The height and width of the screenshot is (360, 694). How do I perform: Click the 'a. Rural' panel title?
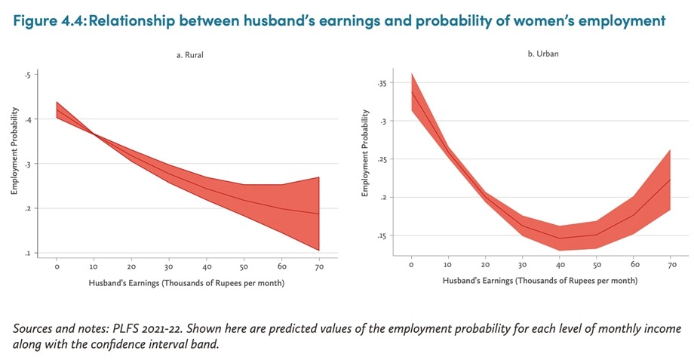pyautogui.click(x=186, y=54)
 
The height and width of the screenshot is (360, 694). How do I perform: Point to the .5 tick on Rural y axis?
pyautogui.click(x=27, y=75)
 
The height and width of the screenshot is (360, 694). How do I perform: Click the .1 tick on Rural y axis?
pyautogui.click(x=27, y=253)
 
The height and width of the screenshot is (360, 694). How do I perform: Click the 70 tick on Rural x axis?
pyautogui.click(x=319, y=266)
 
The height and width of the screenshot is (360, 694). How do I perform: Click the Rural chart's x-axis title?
pyautogui.click(x=186, y=282)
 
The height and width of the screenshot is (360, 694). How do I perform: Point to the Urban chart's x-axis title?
pyautogui.click(x=540, y=281)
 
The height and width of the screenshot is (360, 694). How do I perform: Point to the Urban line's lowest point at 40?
pyautogui.click(x=559, y=238)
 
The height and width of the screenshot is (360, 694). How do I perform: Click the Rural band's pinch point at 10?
pyautogui.click(x=94, y=134)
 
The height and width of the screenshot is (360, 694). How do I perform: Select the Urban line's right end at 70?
pyautogui.click(x=670, y=180)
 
